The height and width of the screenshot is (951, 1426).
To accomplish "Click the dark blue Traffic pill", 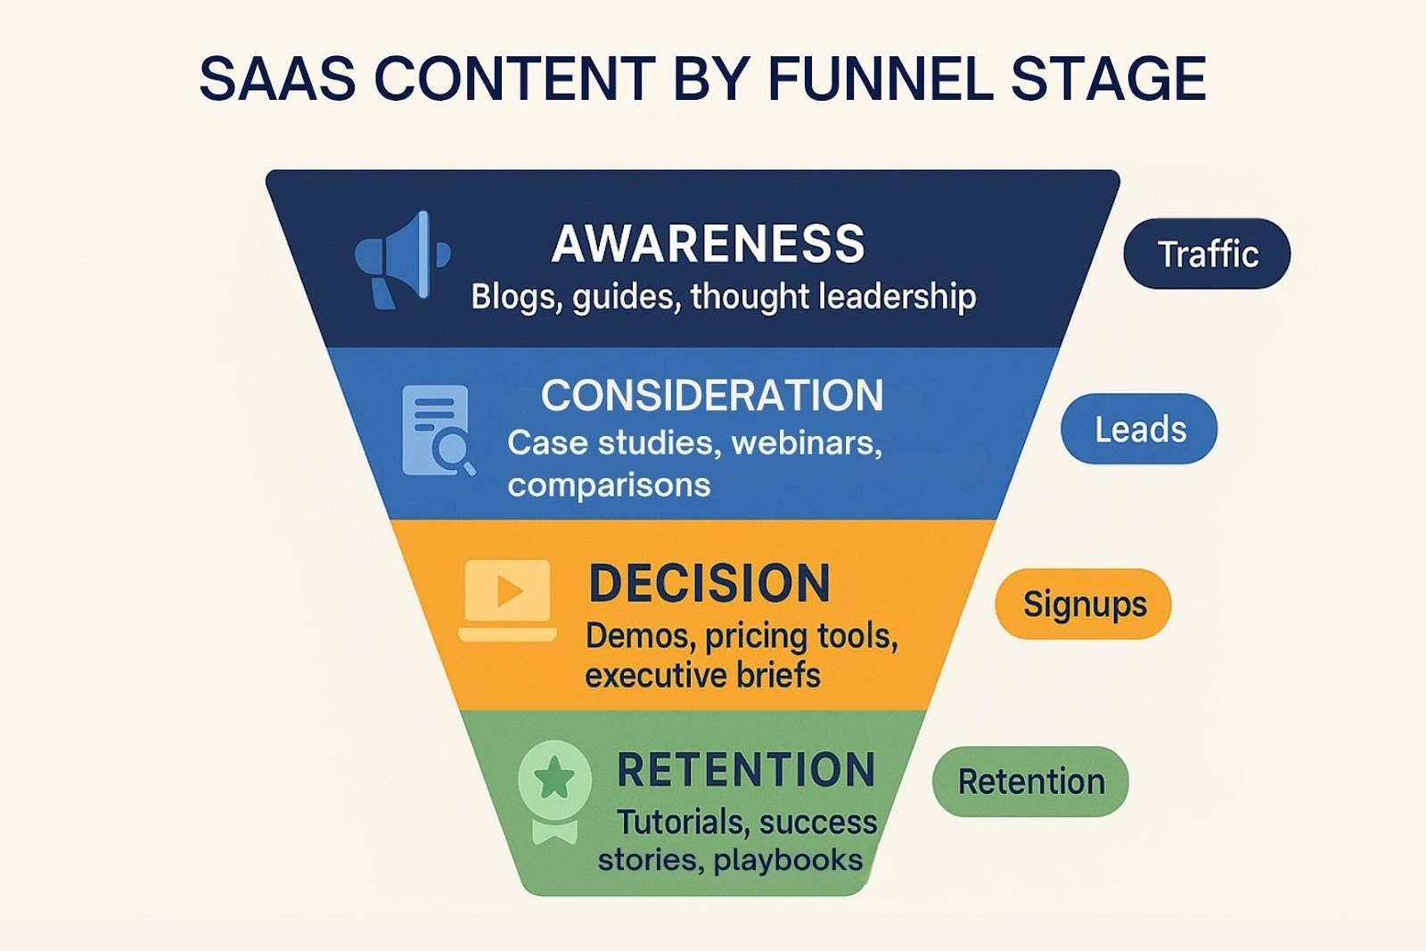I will point(1207,254).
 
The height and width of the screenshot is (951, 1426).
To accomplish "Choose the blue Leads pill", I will point(1139,430).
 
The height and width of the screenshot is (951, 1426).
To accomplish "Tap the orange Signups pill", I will point(1084,604).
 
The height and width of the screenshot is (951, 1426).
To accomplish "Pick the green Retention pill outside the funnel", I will point(1030,782).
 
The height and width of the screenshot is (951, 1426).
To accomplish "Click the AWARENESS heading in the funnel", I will point(709,243).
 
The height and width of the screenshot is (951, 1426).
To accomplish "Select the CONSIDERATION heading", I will point(712,395).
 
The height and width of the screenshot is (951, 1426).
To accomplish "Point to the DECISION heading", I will point(709,584).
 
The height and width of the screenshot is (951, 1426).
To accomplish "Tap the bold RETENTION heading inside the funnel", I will point(746,770).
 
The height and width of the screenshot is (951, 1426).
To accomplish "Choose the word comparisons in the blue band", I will point(609,485).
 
